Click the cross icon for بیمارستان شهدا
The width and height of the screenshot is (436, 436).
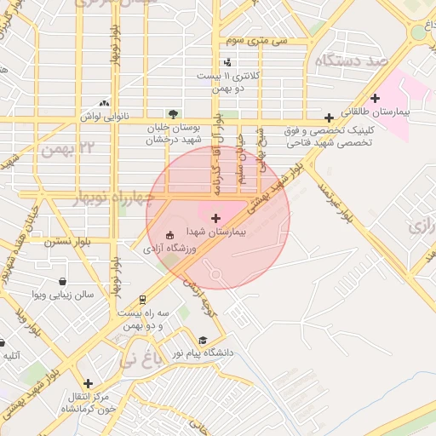pyautogui.click(x=215, y=219)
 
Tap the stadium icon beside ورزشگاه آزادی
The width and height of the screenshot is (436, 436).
pyautogui.click(x=169, y=234)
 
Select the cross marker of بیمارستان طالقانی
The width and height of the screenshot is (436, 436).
pyautogui.click(x=375, y=99)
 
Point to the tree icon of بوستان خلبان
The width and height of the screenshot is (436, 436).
pyautogui.click(x=174, y=113)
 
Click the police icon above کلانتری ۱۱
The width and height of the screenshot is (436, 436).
pyautogui.click(x=227, y=62)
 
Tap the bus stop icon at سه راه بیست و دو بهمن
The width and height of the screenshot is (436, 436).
pyautogui.click(x=142, y=300)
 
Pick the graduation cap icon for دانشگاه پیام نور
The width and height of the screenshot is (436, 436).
pyautogui.click(x=203, y=340)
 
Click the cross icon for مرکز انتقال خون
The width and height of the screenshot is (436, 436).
pyautogui.click(x=87, y=383)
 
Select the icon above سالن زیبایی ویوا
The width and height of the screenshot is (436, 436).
pyautogui.click(x=62, y=282)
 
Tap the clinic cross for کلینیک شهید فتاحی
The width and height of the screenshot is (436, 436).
pyautogui.click(x=329, y=118)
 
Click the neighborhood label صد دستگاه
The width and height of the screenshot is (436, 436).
pyautogui.click(x=350, y=62)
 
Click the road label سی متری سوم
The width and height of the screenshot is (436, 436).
pyautogui.click(x=256, y=40)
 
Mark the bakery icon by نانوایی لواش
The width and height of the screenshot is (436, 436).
pyautogui.click(x=104, y=102)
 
